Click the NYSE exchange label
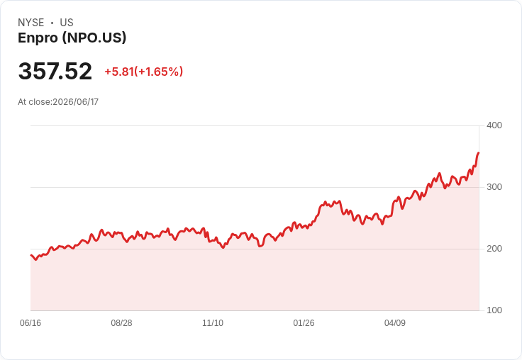click(31, 23)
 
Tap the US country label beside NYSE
click(67, 23)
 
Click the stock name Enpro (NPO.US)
click(72, 38)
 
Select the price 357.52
click(55, 71)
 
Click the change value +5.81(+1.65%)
click(144, 72)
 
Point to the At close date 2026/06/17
click(76, 102)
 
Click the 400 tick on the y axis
click(494, 125)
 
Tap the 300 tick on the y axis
click(494, 187)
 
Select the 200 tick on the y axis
click(494, 249)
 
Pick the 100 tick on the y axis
click(494, 310)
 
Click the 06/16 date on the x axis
click(30, 323)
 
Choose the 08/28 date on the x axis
click(121, 323)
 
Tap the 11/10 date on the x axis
click(213, 323)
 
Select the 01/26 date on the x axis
click(304, 323)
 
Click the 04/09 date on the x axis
click(395, 323)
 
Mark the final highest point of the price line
click(479, 153)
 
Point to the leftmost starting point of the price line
click(31, 255)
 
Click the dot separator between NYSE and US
click(52, 23)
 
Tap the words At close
click(34, 102)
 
